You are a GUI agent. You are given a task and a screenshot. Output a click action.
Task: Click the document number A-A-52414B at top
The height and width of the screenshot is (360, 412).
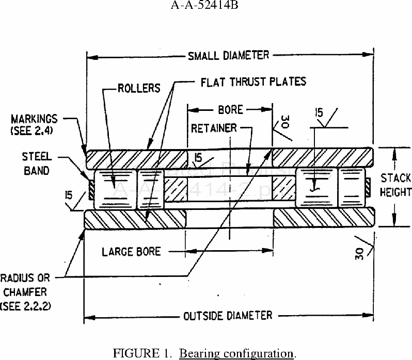point(206,7)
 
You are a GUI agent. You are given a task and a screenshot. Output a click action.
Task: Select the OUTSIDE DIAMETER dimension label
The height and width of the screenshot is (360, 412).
point(228,315)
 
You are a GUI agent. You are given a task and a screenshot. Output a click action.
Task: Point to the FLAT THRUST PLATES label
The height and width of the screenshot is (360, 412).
point(252,81)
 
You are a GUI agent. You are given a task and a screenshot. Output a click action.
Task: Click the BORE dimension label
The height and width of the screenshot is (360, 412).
point(230,109)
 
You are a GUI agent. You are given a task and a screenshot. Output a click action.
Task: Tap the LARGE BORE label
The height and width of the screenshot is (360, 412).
point(131,252)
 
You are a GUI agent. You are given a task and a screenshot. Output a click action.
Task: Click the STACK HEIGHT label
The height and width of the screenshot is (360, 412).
point(396,185)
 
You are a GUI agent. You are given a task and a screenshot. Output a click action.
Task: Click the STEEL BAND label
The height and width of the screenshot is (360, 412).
point(36,163)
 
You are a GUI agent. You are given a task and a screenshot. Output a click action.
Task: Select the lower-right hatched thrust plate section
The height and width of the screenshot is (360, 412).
point(323,218)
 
